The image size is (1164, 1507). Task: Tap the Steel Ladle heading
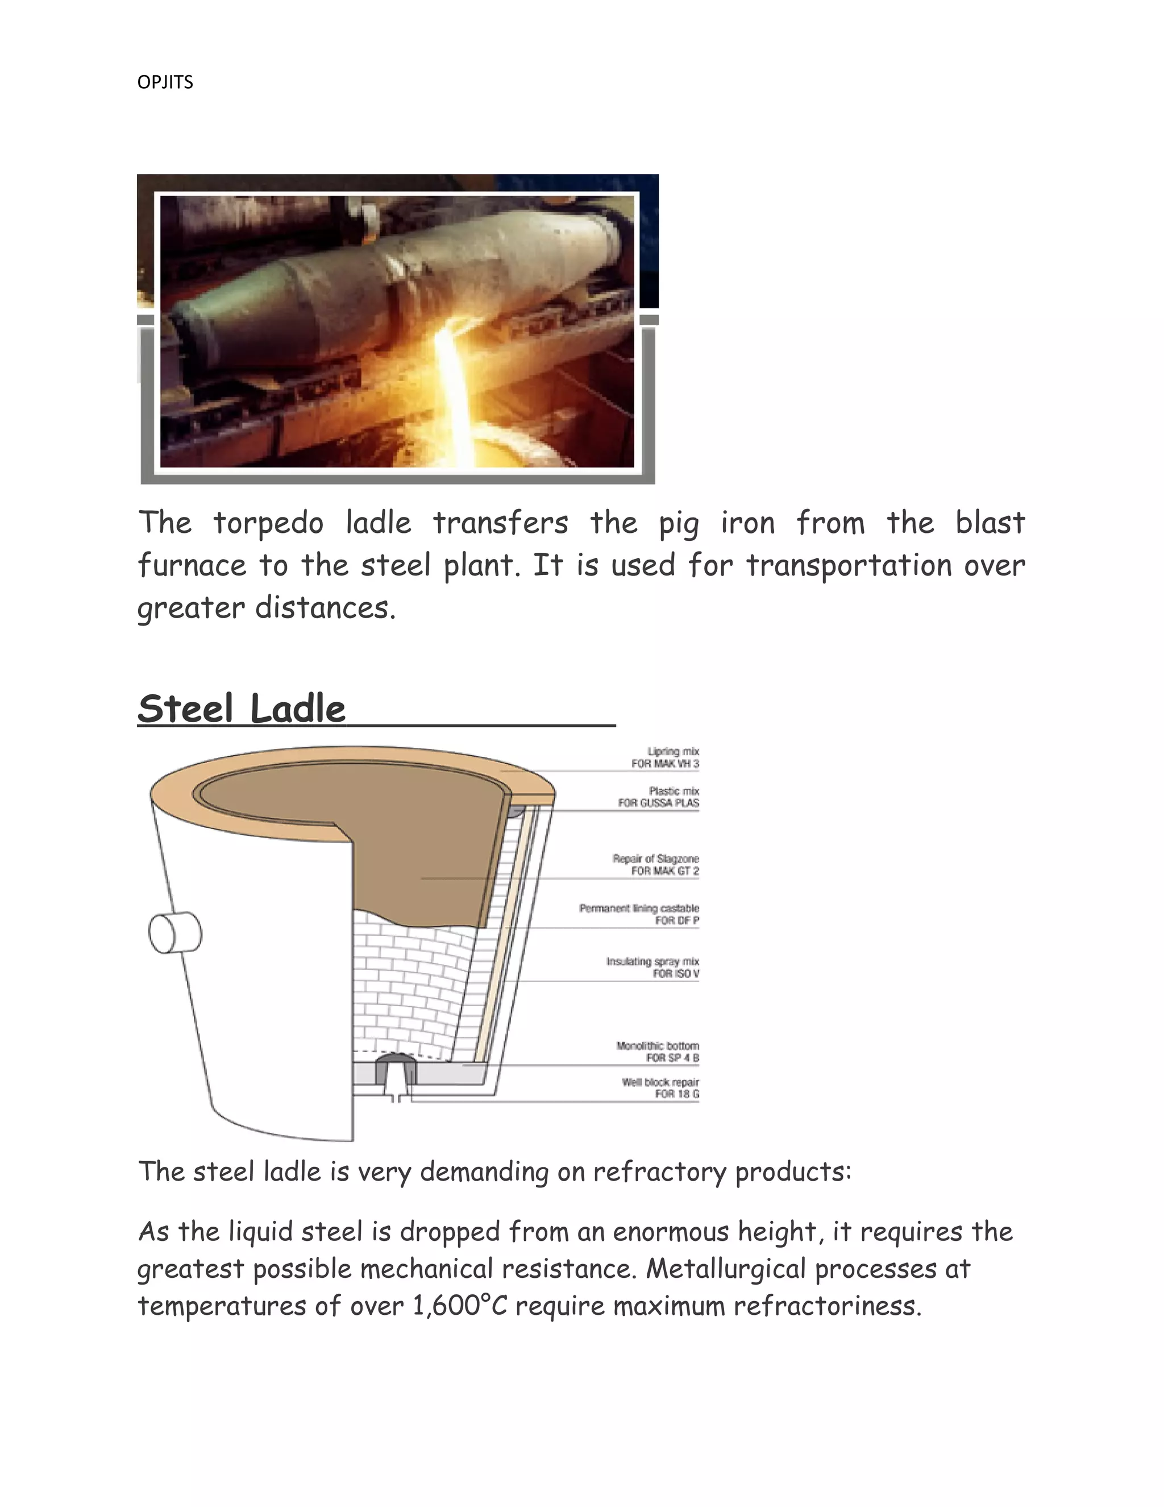242,709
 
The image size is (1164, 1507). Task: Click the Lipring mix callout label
666,757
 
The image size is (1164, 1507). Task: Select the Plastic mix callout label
659,797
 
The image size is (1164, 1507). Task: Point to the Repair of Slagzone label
656,864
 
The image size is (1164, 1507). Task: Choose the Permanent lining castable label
639,914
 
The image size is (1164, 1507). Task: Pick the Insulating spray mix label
653,967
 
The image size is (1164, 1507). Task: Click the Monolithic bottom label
658,1051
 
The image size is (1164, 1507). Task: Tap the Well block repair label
660,1087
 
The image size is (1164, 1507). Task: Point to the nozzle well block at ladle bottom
395,1070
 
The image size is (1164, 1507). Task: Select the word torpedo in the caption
268,524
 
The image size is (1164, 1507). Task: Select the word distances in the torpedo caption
326,608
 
